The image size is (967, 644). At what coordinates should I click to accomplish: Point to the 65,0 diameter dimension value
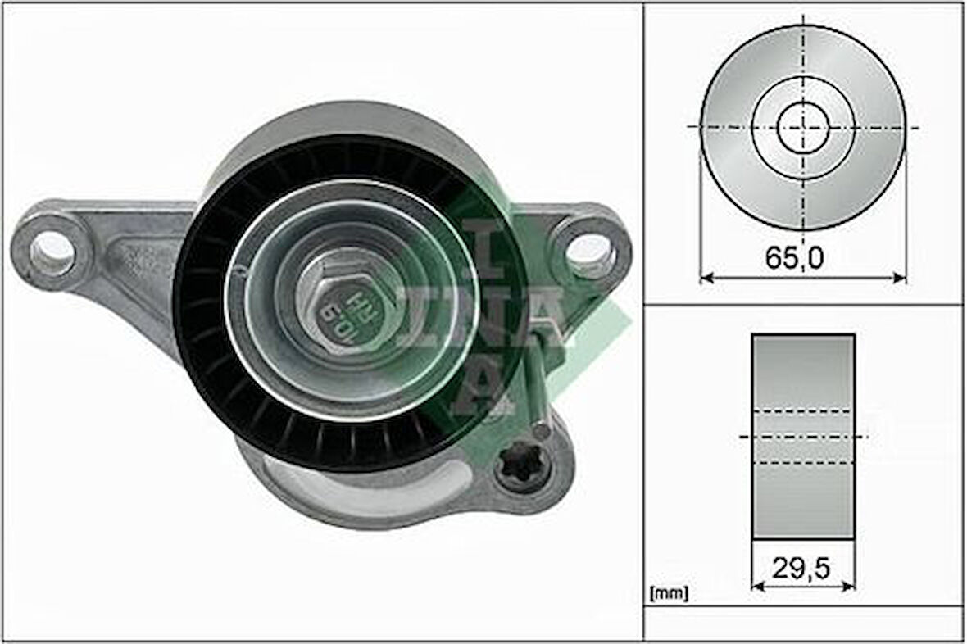(794, 258)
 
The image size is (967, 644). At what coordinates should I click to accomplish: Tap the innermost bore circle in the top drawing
(803, 127)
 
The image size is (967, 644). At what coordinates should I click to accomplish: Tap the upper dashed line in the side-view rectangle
(803, 410)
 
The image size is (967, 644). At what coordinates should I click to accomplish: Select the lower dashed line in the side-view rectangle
(803, 464)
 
